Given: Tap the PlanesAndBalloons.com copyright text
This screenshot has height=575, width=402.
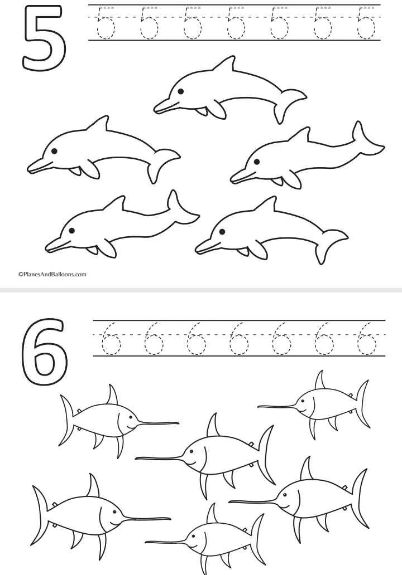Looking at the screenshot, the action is [52, 274].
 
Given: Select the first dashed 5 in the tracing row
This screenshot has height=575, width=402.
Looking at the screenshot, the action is [106, 23].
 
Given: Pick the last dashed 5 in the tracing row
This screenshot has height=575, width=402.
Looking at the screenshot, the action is [366, 23].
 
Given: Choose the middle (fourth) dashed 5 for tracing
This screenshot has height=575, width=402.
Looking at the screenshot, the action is [236, 23].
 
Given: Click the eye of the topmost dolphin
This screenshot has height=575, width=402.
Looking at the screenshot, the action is [180, 91].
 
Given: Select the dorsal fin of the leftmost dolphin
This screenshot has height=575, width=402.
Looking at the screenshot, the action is [98, 123].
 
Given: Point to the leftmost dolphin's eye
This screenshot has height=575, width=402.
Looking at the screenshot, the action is [54, 150].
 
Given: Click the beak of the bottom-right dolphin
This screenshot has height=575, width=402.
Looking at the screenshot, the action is [206, 246].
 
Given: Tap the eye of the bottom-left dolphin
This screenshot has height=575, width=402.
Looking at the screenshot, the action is [71, 231].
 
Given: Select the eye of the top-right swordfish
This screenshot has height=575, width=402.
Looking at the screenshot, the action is [302, 401].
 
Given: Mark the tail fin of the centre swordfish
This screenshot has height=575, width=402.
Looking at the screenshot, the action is [265, 455].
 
